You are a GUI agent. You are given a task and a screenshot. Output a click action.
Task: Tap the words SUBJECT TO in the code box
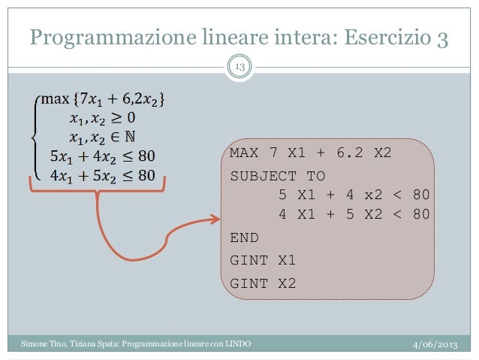(x=278, y=176)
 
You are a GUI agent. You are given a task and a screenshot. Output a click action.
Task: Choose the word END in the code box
(x=243, y=237)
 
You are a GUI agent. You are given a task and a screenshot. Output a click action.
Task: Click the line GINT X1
(x=263, y=261)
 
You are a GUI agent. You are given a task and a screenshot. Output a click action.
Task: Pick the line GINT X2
(x=263, y=284)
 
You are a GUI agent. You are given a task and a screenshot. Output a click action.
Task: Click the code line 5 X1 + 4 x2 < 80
(x=354, y=195)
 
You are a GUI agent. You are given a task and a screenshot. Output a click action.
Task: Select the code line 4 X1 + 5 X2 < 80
(x=354, y=214)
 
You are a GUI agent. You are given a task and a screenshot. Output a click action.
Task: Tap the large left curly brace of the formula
(x=32, y=137)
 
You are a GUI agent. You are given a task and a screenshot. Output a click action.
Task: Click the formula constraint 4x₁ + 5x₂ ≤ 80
(x=102, y=176)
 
